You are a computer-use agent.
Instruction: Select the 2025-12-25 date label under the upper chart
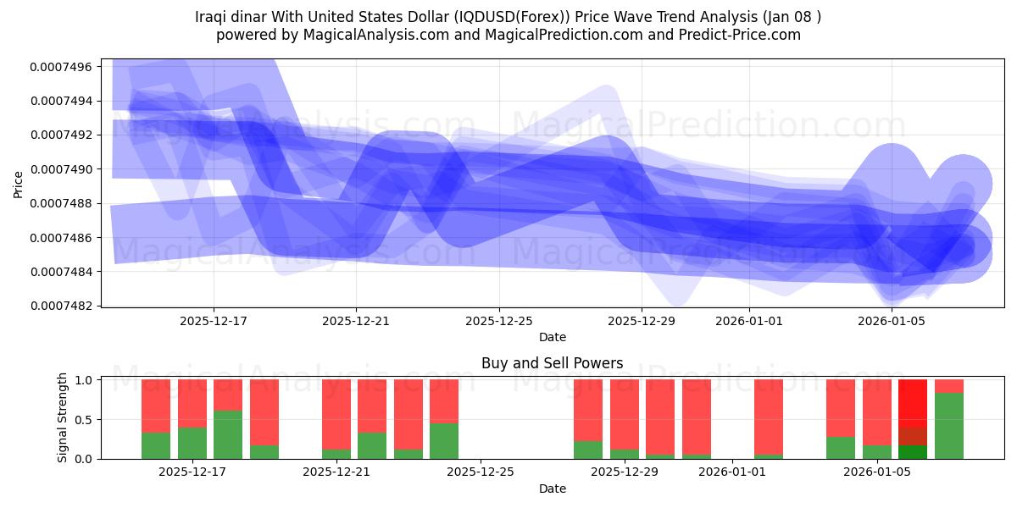click(498, 321)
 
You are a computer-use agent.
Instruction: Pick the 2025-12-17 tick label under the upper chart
click(214, 321)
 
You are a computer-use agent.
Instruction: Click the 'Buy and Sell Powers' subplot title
click(552, 363)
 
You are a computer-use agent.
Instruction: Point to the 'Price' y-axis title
click(19, 184)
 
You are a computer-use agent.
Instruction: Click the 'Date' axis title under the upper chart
click(552, 337)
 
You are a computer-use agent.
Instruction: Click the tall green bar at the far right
click(948, 426)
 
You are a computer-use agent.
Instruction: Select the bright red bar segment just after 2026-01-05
click(913, 402)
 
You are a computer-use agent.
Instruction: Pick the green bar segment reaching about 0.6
click(228, 434)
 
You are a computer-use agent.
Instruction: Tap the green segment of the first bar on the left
click(156, 445)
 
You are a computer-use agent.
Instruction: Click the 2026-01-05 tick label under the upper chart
click(891, 321)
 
